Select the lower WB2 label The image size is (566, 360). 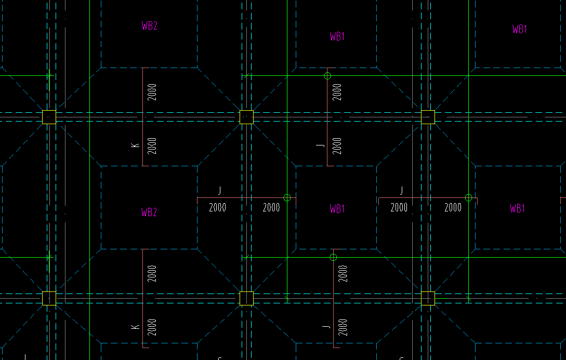(x=149, y=212)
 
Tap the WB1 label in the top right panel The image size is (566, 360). (x=519, y=29)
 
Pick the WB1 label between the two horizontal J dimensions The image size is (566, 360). (x=337, y=209)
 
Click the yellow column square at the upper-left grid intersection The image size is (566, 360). (x=49, y=117)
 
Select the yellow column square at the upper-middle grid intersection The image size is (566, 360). (x=246, y=117)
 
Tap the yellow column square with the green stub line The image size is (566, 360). (x=428, y=298)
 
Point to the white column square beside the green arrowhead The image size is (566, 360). (x=246, y=298)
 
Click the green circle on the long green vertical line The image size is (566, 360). (x=287, y=198)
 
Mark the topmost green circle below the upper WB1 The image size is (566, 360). (x=327, y=76)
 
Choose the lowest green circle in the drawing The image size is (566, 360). (x=333, y=257)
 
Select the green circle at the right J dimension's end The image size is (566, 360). (x=468, y=198)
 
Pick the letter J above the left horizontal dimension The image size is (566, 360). (x=219, y=191)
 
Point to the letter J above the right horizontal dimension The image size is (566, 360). (x=401, y=191)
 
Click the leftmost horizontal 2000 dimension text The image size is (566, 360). (x=217, y=208)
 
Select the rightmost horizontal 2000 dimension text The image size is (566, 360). (x=453, y=208)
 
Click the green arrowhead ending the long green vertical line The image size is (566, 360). (x=287, y=299)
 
